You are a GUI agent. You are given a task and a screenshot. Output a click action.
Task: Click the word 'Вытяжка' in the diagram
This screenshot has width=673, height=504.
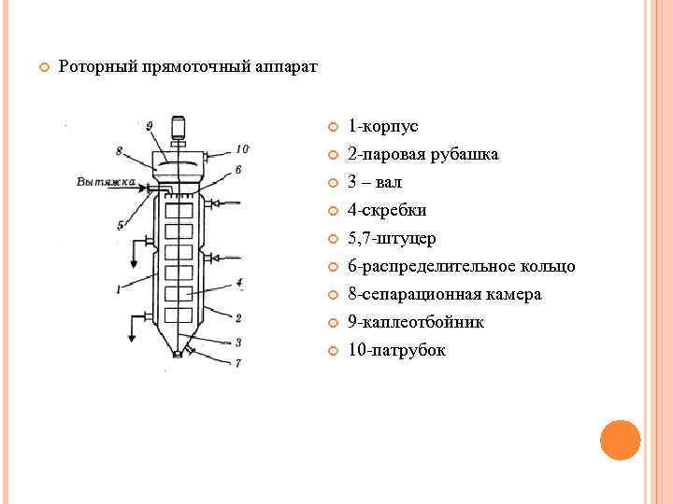coord(102,181)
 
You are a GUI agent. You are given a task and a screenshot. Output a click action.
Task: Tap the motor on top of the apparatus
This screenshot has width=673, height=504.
coord(179,127)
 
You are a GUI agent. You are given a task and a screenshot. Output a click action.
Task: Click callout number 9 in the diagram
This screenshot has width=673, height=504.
coord(150,125)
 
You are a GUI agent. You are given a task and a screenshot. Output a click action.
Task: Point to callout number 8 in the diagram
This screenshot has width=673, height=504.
coord(119,150)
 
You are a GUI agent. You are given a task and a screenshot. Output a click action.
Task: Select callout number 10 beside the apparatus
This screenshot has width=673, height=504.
coord(242,148)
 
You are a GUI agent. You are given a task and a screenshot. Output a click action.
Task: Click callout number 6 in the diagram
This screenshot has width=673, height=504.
coord(238,170)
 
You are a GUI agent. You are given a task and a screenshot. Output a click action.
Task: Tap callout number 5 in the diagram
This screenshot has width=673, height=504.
coord(121,224)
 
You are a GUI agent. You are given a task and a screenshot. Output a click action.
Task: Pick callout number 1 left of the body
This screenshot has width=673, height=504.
coord(118,289)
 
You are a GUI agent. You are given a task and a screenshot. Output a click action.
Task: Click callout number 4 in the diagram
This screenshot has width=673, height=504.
coord(240,281)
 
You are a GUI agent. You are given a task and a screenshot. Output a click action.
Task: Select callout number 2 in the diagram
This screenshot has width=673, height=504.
coord(239,318)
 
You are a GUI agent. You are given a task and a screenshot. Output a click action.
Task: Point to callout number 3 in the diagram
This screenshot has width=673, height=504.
coord(238,342)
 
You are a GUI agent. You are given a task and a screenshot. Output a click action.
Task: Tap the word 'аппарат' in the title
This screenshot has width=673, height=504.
coord(286,67)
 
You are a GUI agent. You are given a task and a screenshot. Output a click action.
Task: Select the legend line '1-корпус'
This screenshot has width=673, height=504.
coord(382,126)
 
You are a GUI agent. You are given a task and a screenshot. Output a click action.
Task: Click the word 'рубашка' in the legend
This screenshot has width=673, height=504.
coord(465,154)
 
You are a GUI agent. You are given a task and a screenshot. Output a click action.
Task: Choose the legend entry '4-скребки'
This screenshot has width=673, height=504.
coord(387,210)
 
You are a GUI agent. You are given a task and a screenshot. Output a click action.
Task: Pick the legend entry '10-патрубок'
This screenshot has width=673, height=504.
coord(396,350)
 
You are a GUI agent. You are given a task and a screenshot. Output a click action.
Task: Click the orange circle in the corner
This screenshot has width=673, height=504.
coord(619,440)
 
